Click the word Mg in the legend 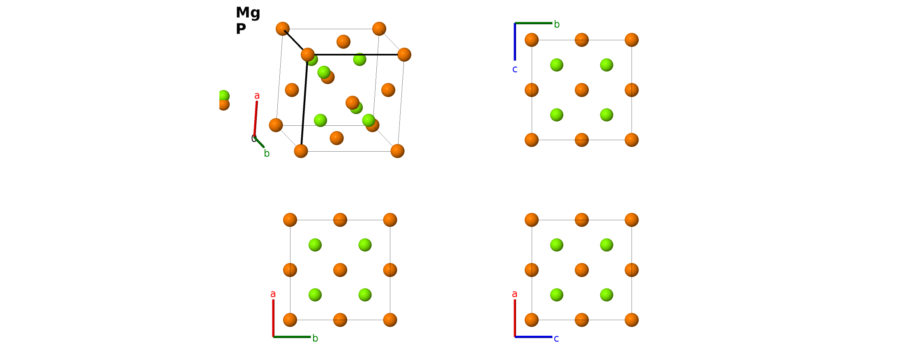pyautogui.click(x=248, y=13)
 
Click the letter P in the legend pyautogui.click(x=241, y=29)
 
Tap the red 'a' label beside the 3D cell pyautogui.click(x=257, y=96)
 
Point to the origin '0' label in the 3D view pyautogui.click(x=254, y=139)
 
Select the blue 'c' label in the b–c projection pyautogui.click(x=515, y=69)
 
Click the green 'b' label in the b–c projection pyautogui.click(x=557, y=24)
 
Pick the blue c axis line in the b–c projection pyautogui.click(x=515, y=42)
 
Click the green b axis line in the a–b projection pyautogui.click(x=292, y=337)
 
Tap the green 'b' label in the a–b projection pyautogui.click(x=315, y=338)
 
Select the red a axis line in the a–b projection pyautogui.click(x=273, y=318)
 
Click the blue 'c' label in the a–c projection pyautogui.click(x=556, y=339)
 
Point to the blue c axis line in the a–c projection pyautogui.click(x=533, y=337)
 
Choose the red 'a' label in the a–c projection pyautogui.click(x=514, y=294)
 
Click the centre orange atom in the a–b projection pyautogui.click(x=340, y=270)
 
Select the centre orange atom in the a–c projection pyautogui.click(x=582, y=270)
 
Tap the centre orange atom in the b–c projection pyautogui.click(x=582, y=90)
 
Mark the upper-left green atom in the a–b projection pyautogui.click(x=315, y=245)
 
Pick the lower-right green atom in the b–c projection pyautogui.click(x=606, y=115)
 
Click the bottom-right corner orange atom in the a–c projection pyautogui.click(x=632, y=320)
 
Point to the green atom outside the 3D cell pyautogui.click(x=224, y=96)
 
